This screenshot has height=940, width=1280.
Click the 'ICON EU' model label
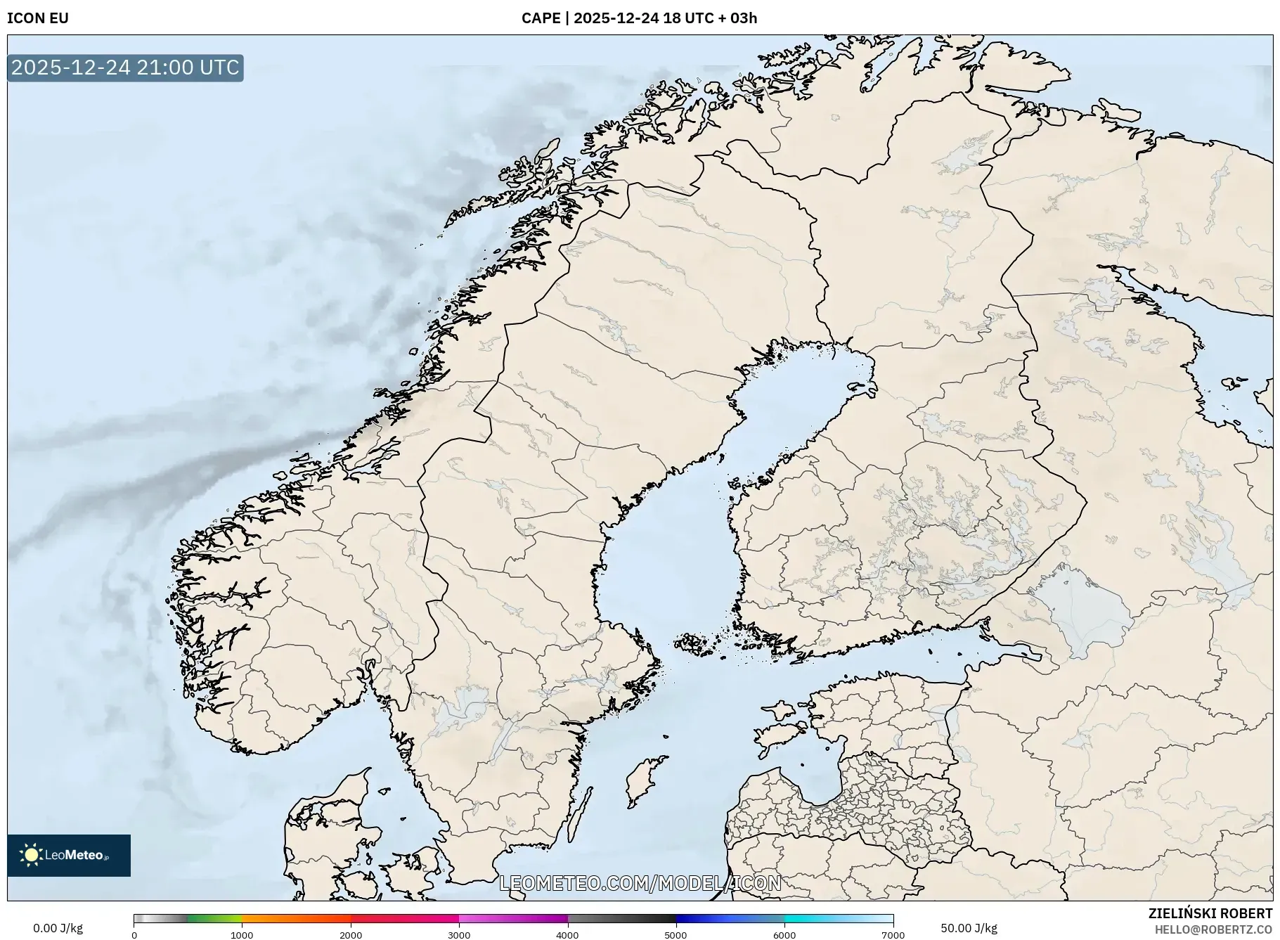point(38,18)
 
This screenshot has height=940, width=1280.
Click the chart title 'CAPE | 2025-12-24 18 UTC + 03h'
point(639,18)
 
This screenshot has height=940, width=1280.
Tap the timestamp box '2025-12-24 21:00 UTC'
point(125,67)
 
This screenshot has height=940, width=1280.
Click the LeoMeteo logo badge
point(69,855)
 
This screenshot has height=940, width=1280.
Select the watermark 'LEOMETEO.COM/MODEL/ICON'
point(640,883)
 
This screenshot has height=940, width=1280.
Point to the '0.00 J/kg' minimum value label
point(58,928)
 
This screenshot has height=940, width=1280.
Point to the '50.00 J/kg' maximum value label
point(969,928)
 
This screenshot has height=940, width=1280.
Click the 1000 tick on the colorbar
point(242,935)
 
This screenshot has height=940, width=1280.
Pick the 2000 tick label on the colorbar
point(351,935)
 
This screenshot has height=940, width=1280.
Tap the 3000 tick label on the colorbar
point(459,935)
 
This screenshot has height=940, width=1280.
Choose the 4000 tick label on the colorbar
point(567,935)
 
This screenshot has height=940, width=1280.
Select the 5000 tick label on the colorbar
point(676,935)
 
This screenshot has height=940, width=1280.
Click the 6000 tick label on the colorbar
point(784,935)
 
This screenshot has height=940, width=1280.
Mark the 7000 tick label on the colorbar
point(893,935)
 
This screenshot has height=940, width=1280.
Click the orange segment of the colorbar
point(295,919)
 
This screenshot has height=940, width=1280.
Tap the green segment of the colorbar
point(214,919)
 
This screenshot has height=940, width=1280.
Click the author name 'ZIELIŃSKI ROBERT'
point(1210,913)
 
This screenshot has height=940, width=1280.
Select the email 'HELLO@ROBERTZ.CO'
point(1213,929)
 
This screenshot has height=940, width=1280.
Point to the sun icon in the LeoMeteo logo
point(32,855)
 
